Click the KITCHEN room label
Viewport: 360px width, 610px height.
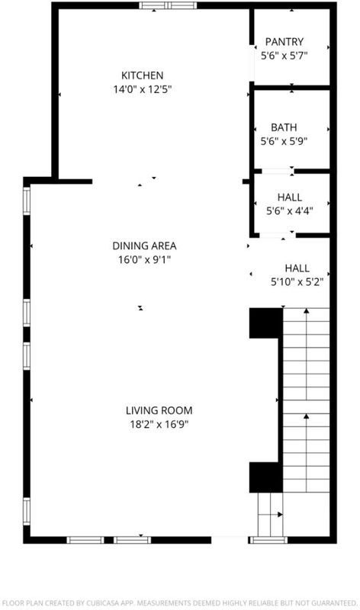pyautogui.click(x=142, y=75)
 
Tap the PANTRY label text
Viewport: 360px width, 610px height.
pyautogui.click(x=284, y=42)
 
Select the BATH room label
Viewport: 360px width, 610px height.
pyautogui.click(x=284, y=127)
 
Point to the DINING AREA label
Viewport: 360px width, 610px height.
pyautogui.click(x=144, y=246)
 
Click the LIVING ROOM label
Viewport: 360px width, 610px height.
pyautogui.click(x=159, y=410)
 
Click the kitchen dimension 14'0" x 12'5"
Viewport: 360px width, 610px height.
pyautogui.click(x=142, y=89)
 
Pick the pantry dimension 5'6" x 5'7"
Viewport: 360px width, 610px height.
pyautogui.click(x=284, y=56)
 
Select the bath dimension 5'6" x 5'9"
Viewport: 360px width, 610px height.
pyautogui.click(x=284, y=141)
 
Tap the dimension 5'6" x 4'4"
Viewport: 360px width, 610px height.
pyautogui.click(x=290, y=211)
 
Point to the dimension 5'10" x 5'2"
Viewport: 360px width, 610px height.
pyautogui.click(x=297, y=281)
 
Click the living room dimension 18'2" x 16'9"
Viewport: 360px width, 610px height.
pyautogui.click(x=159, y=424)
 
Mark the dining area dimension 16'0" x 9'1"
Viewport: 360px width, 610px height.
pyautogui.click(x=144, y=259)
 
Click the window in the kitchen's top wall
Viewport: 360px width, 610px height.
pyautogui.click(x=168, y=5)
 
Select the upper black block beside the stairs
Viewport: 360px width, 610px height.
pyautogui.click(x=266, y=323)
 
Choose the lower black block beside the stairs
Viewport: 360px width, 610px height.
pyautogui.click(x=266, y=477)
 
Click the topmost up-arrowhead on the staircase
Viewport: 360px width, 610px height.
pyautogui.click(x=307, y=311)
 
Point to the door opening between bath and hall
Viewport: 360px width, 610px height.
pyautogui.click(x=278, y=170)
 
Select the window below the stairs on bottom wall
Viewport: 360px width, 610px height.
pyautogui.click(x=268, y=540)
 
